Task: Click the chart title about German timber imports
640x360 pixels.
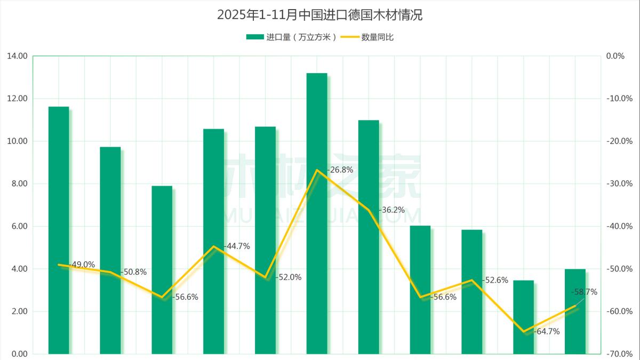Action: click(x=319, y=15)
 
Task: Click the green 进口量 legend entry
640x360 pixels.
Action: click(x=291, y=37)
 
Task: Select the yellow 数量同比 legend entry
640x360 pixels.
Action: click(x=368, y=37)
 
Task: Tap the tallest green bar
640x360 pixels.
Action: click(x=317, y=213)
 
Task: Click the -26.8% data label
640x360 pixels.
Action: click(x=340, y=170)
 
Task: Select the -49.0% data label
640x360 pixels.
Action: click(x=82, y=265)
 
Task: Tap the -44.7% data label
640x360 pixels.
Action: click(x=237, y=246)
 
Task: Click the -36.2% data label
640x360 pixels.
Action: click(x=391, y=210)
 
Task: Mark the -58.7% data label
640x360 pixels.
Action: click(x=584, y=292)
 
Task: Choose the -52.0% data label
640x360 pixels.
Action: click(x=289, y=277)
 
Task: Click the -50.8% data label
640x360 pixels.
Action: click(x=133, y=272)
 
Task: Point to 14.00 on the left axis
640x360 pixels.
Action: click(x=18, y=56)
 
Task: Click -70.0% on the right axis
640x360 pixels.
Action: click(x=619, y=354)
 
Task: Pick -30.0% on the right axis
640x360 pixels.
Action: click(x=619, y=184)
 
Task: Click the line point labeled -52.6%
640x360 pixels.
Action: click(x=471, y=280)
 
